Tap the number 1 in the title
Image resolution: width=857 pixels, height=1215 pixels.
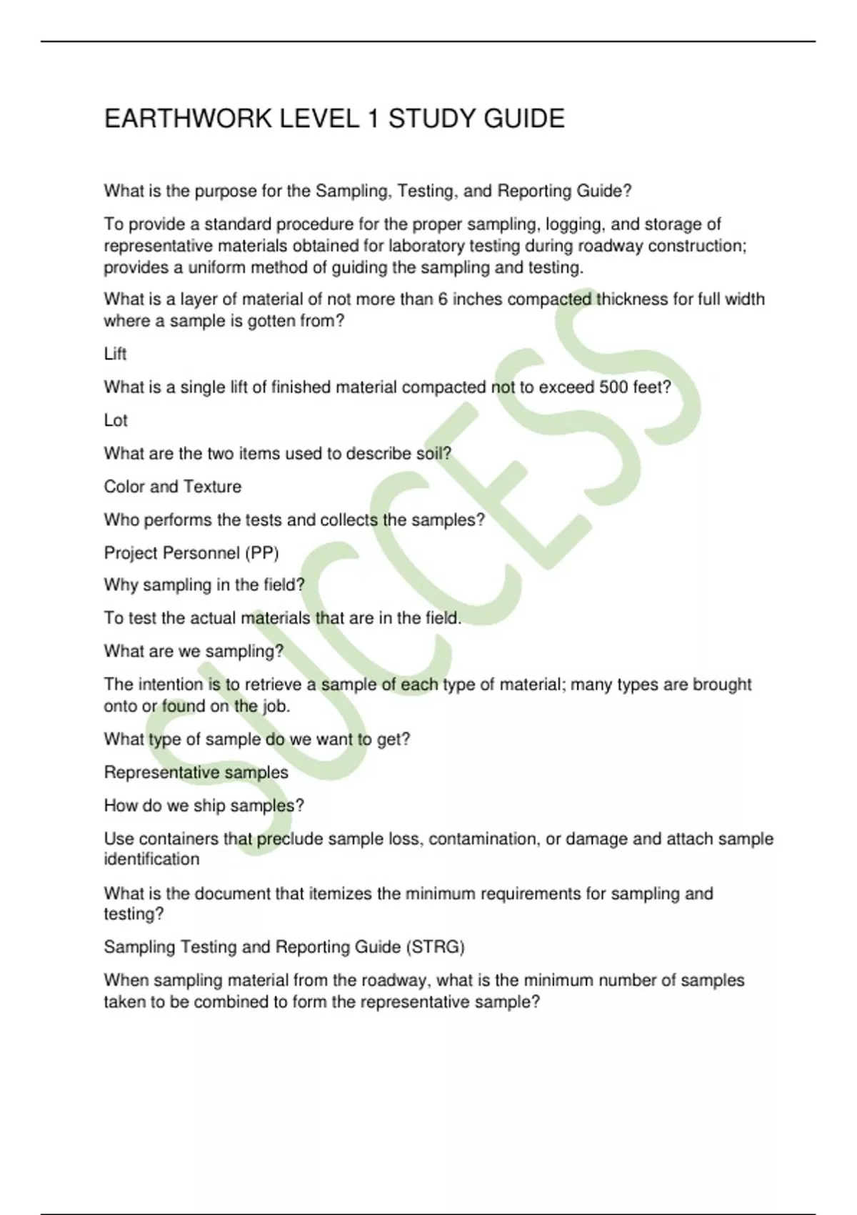click(372, 119)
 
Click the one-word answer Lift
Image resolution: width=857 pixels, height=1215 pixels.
click(115, 354)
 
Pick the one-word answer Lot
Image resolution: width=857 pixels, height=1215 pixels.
click(116, 420)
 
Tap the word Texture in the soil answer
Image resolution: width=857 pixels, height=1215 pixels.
click(213, 487)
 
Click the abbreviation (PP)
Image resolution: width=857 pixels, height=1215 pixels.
click(261, 553)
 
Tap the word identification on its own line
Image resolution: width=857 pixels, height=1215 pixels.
click(151, 859)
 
